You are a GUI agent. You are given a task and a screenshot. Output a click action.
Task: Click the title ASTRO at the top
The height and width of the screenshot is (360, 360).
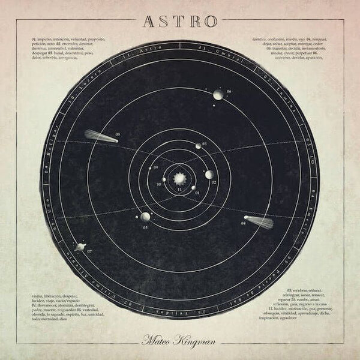pyautogui.click(x=179, y=20)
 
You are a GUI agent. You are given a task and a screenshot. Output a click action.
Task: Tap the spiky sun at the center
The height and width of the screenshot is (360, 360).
pyautogui.click(x=179, y=178)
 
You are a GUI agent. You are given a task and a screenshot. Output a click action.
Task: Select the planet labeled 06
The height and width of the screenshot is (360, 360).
pyautogui.click(x=218, y=94)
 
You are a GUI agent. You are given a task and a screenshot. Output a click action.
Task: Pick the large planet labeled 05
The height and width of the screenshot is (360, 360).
pyautogui.click(x=145, y=217)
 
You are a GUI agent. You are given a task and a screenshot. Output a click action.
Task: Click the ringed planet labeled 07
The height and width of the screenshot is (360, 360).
pyautogui.click(x=78, y=246)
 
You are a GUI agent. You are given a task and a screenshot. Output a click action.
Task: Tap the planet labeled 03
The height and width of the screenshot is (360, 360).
pyautogui.click(x=198, y=146)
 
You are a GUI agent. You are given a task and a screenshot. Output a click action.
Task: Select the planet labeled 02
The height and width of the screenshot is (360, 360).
pyautogui.click(x=209, y=175)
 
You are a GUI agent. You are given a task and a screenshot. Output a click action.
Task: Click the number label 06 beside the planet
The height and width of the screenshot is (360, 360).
pyautogui.click(x=229, y=92)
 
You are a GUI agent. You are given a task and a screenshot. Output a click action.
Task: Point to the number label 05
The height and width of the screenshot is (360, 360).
pyautogui.click(x=145, y=228)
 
